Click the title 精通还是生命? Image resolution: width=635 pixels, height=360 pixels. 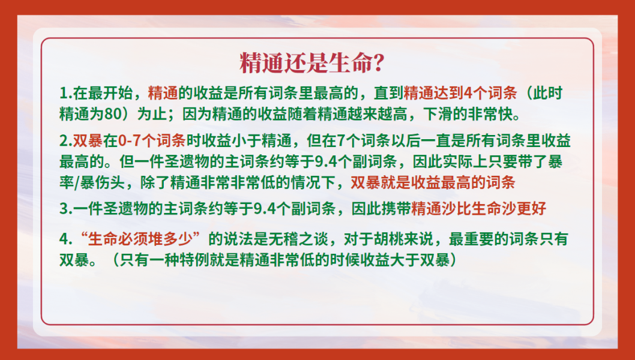coord(311,63)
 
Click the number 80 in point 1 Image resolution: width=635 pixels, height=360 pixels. coord(113,114)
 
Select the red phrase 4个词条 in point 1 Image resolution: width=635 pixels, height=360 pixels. coord(490,94)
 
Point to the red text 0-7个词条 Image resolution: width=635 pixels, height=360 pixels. coord(152,141)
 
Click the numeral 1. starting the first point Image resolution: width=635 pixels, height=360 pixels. coord(65,94)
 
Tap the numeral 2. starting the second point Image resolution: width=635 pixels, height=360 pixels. coord(65,141)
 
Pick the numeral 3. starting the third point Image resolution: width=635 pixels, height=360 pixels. coord(65,209)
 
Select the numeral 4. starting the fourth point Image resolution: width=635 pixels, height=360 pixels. coord(65,239)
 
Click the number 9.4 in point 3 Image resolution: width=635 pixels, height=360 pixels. coord(265,209)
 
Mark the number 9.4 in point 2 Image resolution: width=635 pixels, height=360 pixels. coord(325,162)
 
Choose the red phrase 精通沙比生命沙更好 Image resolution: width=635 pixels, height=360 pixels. coord(479,209)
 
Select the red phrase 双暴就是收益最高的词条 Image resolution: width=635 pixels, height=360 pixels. coord(433,182)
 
